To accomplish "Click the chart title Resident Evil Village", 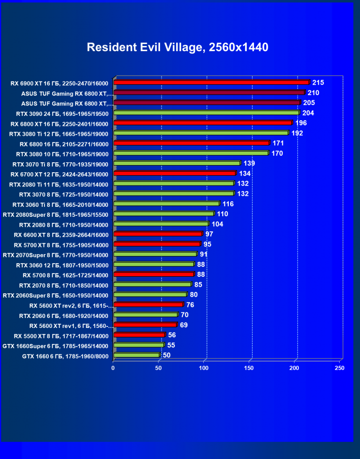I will point(178,47).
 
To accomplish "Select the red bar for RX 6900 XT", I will point(211,82).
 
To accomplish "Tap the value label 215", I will point(318,82).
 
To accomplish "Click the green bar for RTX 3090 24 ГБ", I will point(207,113).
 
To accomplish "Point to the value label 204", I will point(308,113).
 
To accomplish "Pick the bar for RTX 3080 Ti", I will point(201,133).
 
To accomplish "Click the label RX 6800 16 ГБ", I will point(64,144).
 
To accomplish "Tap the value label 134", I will point(244,174).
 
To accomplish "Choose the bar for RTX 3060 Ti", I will point(166,203).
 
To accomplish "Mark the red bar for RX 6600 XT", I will point(158,234).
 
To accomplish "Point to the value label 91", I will point(204,254).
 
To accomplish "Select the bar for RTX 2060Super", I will point(150,294).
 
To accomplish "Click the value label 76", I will point(190,305).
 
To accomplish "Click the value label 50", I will point(167,355).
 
